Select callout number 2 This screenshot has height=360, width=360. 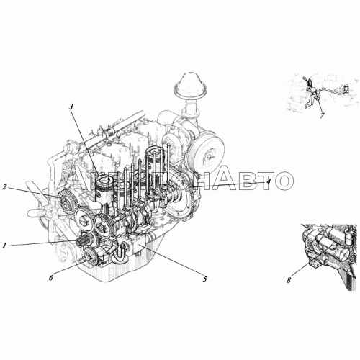click(5, 188)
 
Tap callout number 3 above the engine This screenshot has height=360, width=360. click(71, 107)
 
